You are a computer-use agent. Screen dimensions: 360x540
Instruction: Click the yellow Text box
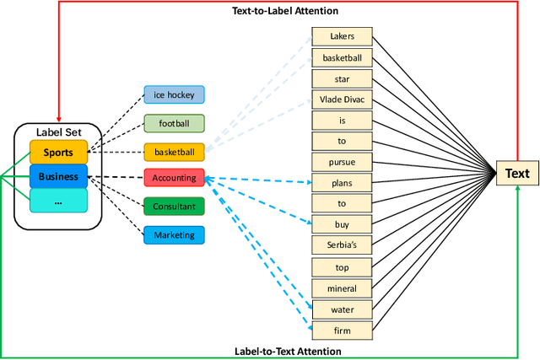[516, 174]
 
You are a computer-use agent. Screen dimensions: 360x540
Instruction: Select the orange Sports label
[58, 153]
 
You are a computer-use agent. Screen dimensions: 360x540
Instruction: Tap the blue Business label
[58, 177]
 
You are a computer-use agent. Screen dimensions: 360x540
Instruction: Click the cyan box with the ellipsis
[58, 201]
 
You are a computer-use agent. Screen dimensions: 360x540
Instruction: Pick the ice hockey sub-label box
[174, 95]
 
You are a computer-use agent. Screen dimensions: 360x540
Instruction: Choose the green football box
[174, 123]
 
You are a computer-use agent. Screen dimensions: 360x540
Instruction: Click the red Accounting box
[174, 178]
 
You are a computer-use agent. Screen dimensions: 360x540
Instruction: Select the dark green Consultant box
[174, 206]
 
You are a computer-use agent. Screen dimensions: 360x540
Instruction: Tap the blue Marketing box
[174, 234]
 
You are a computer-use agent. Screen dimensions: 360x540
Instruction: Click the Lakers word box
[342, 36]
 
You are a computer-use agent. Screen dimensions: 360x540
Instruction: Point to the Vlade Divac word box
[342, 99]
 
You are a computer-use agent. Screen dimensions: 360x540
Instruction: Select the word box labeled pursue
[342, 162]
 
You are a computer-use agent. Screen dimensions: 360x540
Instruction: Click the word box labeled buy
[342, 225]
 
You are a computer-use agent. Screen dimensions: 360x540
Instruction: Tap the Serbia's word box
[342, 246]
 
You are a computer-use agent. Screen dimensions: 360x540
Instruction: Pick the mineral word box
[342, 287]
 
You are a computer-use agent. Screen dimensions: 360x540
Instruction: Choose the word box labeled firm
[342, 330]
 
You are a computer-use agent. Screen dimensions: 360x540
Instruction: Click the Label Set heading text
[58, 132]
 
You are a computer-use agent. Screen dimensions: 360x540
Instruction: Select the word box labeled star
[342, 78]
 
